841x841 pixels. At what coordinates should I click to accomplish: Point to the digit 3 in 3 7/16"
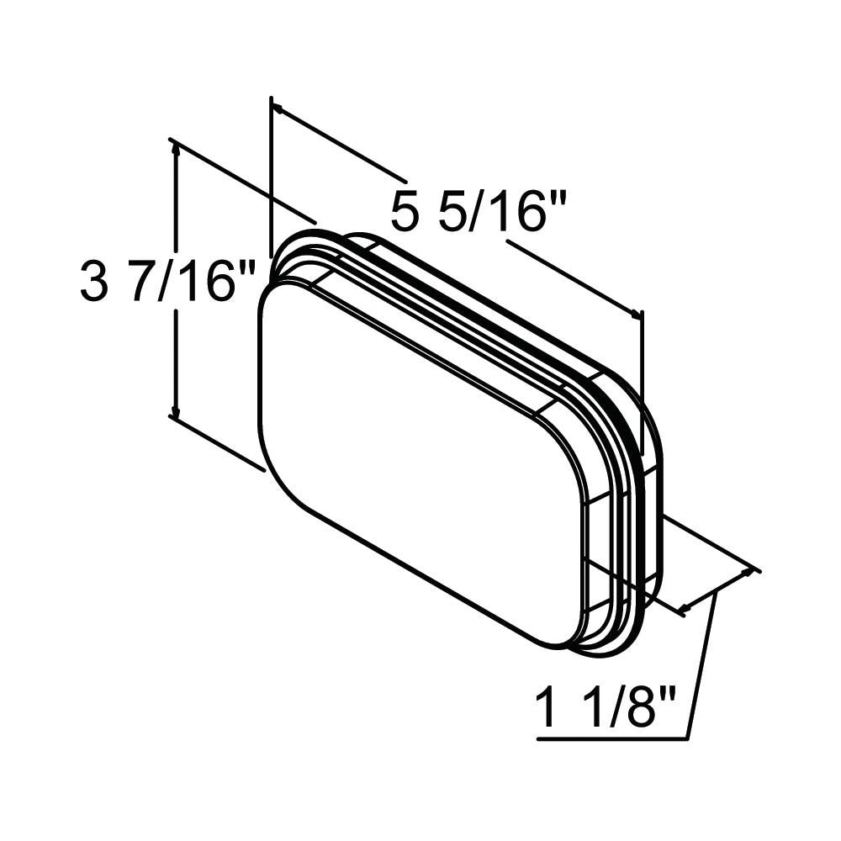tap(93, 281)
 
